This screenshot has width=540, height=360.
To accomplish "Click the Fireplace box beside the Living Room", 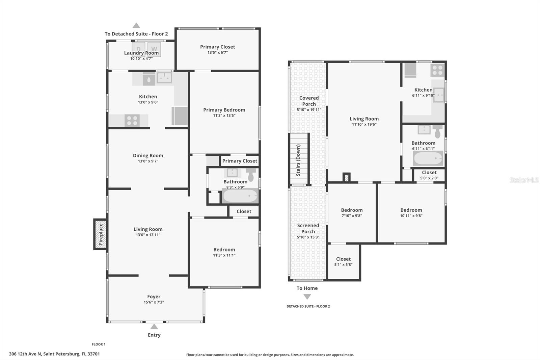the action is point(100,234).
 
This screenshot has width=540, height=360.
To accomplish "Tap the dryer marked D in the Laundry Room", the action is point(139,49).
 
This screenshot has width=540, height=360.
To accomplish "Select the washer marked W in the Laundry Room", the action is point(154,49).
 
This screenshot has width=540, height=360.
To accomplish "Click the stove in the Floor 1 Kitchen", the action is point(132,121).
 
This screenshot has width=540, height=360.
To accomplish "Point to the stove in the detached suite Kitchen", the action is point(437,70).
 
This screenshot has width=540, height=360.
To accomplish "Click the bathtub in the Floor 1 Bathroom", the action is point(240,196).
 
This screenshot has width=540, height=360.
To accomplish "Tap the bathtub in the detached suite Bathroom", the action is point(428,158).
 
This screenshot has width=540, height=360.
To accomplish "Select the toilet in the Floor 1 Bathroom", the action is point(251,175).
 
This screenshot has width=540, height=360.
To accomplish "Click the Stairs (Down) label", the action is point(298,160).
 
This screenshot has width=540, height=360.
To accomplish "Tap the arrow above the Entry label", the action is point(154,327).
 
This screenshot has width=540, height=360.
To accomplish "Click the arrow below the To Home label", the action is point(307,297).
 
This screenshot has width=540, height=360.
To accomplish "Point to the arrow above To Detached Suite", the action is point(136,25).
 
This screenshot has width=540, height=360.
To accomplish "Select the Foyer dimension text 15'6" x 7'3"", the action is point(154,302).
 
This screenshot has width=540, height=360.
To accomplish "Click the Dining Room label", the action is point(148,156).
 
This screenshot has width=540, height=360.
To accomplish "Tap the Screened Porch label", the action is point(308,229).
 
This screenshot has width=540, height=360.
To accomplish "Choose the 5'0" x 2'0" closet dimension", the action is point(429,178).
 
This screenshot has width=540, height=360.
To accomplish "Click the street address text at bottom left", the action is point(54,354).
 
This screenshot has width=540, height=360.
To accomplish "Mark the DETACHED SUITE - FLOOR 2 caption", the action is point(308,306).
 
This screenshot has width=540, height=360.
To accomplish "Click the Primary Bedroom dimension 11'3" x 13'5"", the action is point(224,115).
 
